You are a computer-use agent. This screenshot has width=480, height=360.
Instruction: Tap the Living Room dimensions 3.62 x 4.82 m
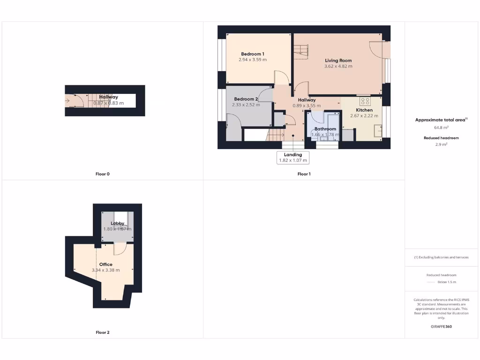(338, 67)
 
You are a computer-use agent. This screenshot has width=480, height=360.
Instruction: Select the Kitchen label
(364, 110)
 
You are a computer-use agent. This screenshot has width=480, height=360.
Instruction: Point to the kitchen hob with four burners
(364, 101)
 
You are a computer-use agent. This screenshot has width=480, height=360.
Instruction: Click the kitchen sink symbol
(377, 131)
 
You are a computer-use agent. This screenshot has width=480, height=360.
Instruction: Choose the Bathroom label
(325, 129)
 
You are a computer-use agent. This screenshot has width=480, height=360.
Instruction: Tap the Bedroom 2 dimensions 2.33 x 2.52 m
(246, 105)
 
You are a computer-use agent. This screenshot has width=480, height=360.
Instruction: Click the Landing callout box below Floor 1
(293, 157)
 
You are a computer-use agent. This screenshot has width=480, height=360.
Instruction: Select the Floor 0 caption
(102, 174)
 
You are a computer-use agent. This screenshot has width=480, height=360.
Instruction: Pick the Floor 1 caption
(304, 174)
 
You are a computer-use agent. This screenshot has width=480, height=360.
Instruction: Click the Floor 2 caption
(102, 332)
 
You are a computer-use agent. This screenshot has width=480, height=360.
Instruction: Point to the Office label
(105, 264)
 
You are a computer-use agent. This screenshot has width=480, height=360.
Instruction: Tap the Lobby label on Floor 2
(117, 224)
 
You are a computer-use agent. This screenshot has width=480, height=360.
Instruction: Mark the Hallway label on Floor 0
(108, 97)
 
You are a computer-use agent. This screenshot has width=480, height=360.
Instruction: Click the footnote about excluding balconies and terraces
(441, 257)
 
